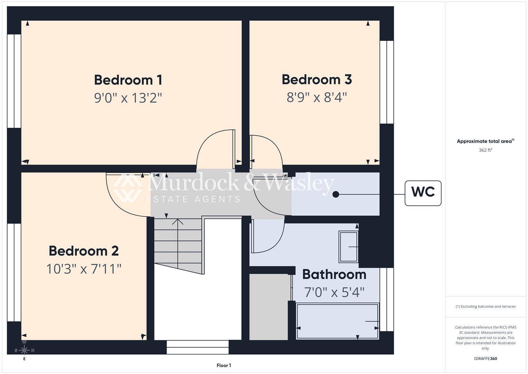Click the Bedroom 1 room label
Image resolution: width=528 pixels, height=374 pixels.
point(128,80)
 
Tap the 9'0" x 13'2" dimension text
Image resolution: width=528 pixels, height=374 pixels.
point(128,98)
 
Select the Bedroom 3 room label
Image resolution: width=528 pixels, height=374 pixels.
point(317,80)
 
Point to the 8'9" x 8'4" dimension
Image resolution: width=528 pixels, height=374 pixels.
point(317,97)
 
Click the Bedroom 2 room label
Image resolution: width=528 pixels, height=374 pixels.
point(84,251)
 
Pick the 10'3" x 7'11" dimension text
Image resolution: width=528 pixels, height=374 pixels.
point(84,269)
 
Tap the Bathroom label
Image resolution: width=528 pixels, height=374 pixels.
point(334,274)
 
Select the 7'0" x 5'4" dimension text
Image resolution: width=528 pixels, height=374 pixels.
point(334,292)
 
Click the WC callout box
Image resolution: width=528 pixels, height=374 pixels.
point(423,193)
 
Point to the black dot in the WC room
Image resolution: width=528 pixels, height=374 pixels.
point(335,194)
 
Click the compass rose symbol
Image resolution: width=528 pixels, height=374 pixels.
point(24,350)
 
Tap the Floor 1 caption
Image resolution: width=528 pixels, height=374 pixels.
point(224,365)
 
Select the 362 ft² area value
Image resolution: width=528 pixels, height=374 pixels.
point(485,150)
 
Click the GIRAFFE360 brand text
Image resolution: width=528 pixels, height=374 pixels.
point(485,359)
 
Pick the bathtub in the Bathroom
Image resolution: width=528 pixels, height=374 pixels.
point(337,321)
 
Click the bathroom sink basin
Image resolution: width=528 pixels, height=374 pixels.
point(348,247)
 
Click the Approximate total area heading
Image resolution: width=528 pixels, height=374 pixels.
point(485,141)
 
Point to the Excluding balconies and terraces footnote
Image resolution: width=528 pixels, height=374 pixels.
point(485,306)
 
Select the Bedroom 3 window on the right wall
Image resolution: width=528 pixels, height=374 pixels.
point(387,82)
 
